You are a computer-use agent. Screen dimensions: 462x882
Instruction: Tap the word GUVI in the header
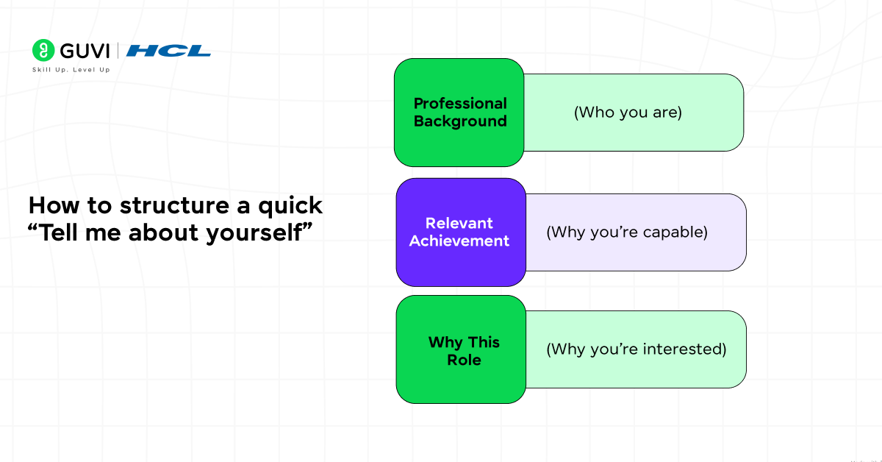(x=83, y=51)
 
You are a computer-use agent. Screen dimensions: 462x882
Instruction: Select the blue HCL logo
(x=168, y=51)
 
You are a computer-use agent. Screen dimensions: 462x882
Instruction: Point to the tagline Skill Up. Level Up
(x=71, y=70)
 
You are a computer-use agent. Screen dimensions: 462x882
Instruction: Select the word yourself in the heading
(x=256, y=233)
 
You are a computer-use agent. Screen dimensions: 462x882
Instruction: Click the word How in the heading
(x=50, y=205)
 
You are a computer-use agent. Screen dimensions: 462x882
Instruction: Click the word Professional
(x=460, y=103)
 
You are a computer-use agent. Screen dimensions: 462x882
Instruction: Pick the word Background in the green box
(x=460, y=121)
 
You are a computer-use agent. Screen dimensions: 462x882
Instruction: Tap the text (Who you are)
(x=628, y=113)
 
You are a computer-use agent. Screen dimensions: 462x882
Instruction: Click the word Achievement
(x=459, y=241)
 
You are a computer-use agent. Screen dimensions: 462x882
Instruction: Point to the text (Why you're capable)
(x=626, y=232)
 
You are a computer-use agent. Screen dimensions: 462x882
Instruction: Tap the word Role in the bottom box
(x=464, y=360)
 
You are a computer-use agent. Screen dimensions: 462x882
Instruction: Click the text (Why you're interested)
(x=636, y=349)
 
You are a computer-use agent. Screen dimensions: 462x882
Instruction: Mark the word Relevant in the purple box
(x=459, y=223)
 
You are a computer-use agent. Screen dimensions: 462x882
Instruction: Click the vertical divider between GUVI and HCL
(x=118, y=51)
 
